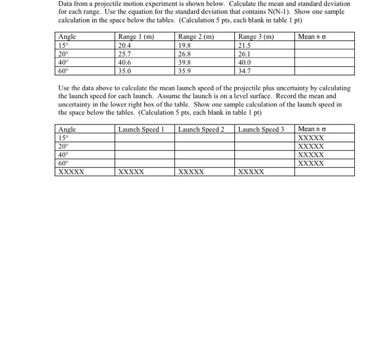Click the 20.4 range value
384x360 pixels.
[x=125, y=46]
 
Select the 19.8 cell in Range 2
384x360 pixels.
[x=185, y=46]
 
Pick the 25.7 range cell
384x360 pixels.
[x=125, y=54]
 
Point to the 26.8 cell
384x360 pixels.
[x=185, y=54]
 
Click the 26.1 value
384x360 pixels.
[x=245, y=54]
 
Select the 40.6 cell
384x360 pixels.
[x=125, y=62]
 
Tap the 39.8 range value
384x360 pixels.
[x=185, y=62]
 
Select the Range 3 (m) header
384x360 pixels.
[x=256, y=37]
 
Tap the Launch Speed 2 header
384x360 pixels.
[x=201, y=130]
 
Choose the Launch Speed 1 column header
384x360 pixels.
[x=142, y=130]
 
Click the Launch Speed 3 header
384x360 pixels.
[x=261, y=130]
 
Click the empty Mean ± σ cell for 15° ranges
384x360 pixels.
[x=324, y=46]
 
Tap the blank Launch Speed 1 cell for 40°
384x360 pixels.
[x=144, y=155]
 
